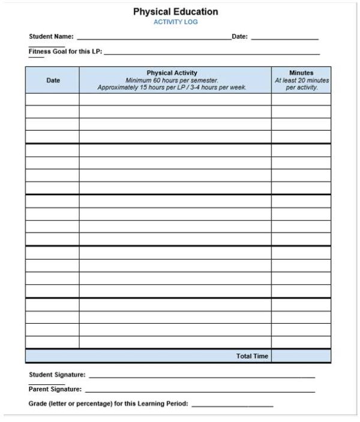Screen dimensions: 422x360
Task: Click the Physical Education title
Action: [175, 11]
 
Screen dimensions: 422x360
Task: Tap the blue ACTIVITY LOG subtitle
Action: [175, 22]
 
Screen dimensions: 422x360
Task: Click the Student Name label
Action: [51, 37]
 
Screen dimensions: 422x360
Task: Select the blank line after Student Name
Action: [154, 38]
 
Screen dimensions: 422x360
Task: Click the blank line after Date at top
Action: [284, 38]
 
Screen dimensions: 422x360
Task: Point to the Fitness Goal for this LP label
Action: [65, 52]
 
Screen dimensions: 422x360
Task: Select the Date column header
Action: [53, 80]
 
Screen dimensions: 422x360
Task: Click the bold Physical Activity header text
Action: [172, 73]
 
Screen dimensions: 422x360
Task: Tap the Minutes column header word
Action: [301, 73]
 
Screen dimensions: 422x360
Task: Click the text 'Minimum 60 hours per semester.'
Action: [172, 80]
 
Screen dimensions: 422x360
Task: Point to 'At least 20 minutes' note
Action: [302, 80]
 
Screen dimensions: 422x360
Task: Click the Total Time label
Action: [252, 356]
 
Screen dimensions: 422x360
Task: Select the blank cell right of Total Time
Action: [301, 356]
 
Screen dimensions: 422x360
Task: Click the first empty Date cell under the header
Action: [52, 99]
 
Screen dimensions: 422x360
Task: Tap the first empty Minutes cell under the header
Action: [301, 99]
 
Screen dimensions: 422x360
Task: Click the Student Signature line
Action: [202, 376]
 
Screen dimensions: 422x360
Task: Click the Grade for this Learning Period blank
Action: [232, 405]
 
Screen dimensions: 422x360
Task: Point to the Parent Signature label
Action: [55, 390]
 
